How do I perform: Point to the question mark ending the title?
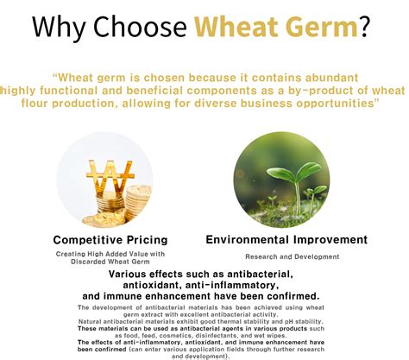pos(367,28)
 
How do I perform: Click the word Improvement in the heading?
pos(331,239)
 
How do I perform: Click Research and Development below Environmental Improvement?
pos(292,256)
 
